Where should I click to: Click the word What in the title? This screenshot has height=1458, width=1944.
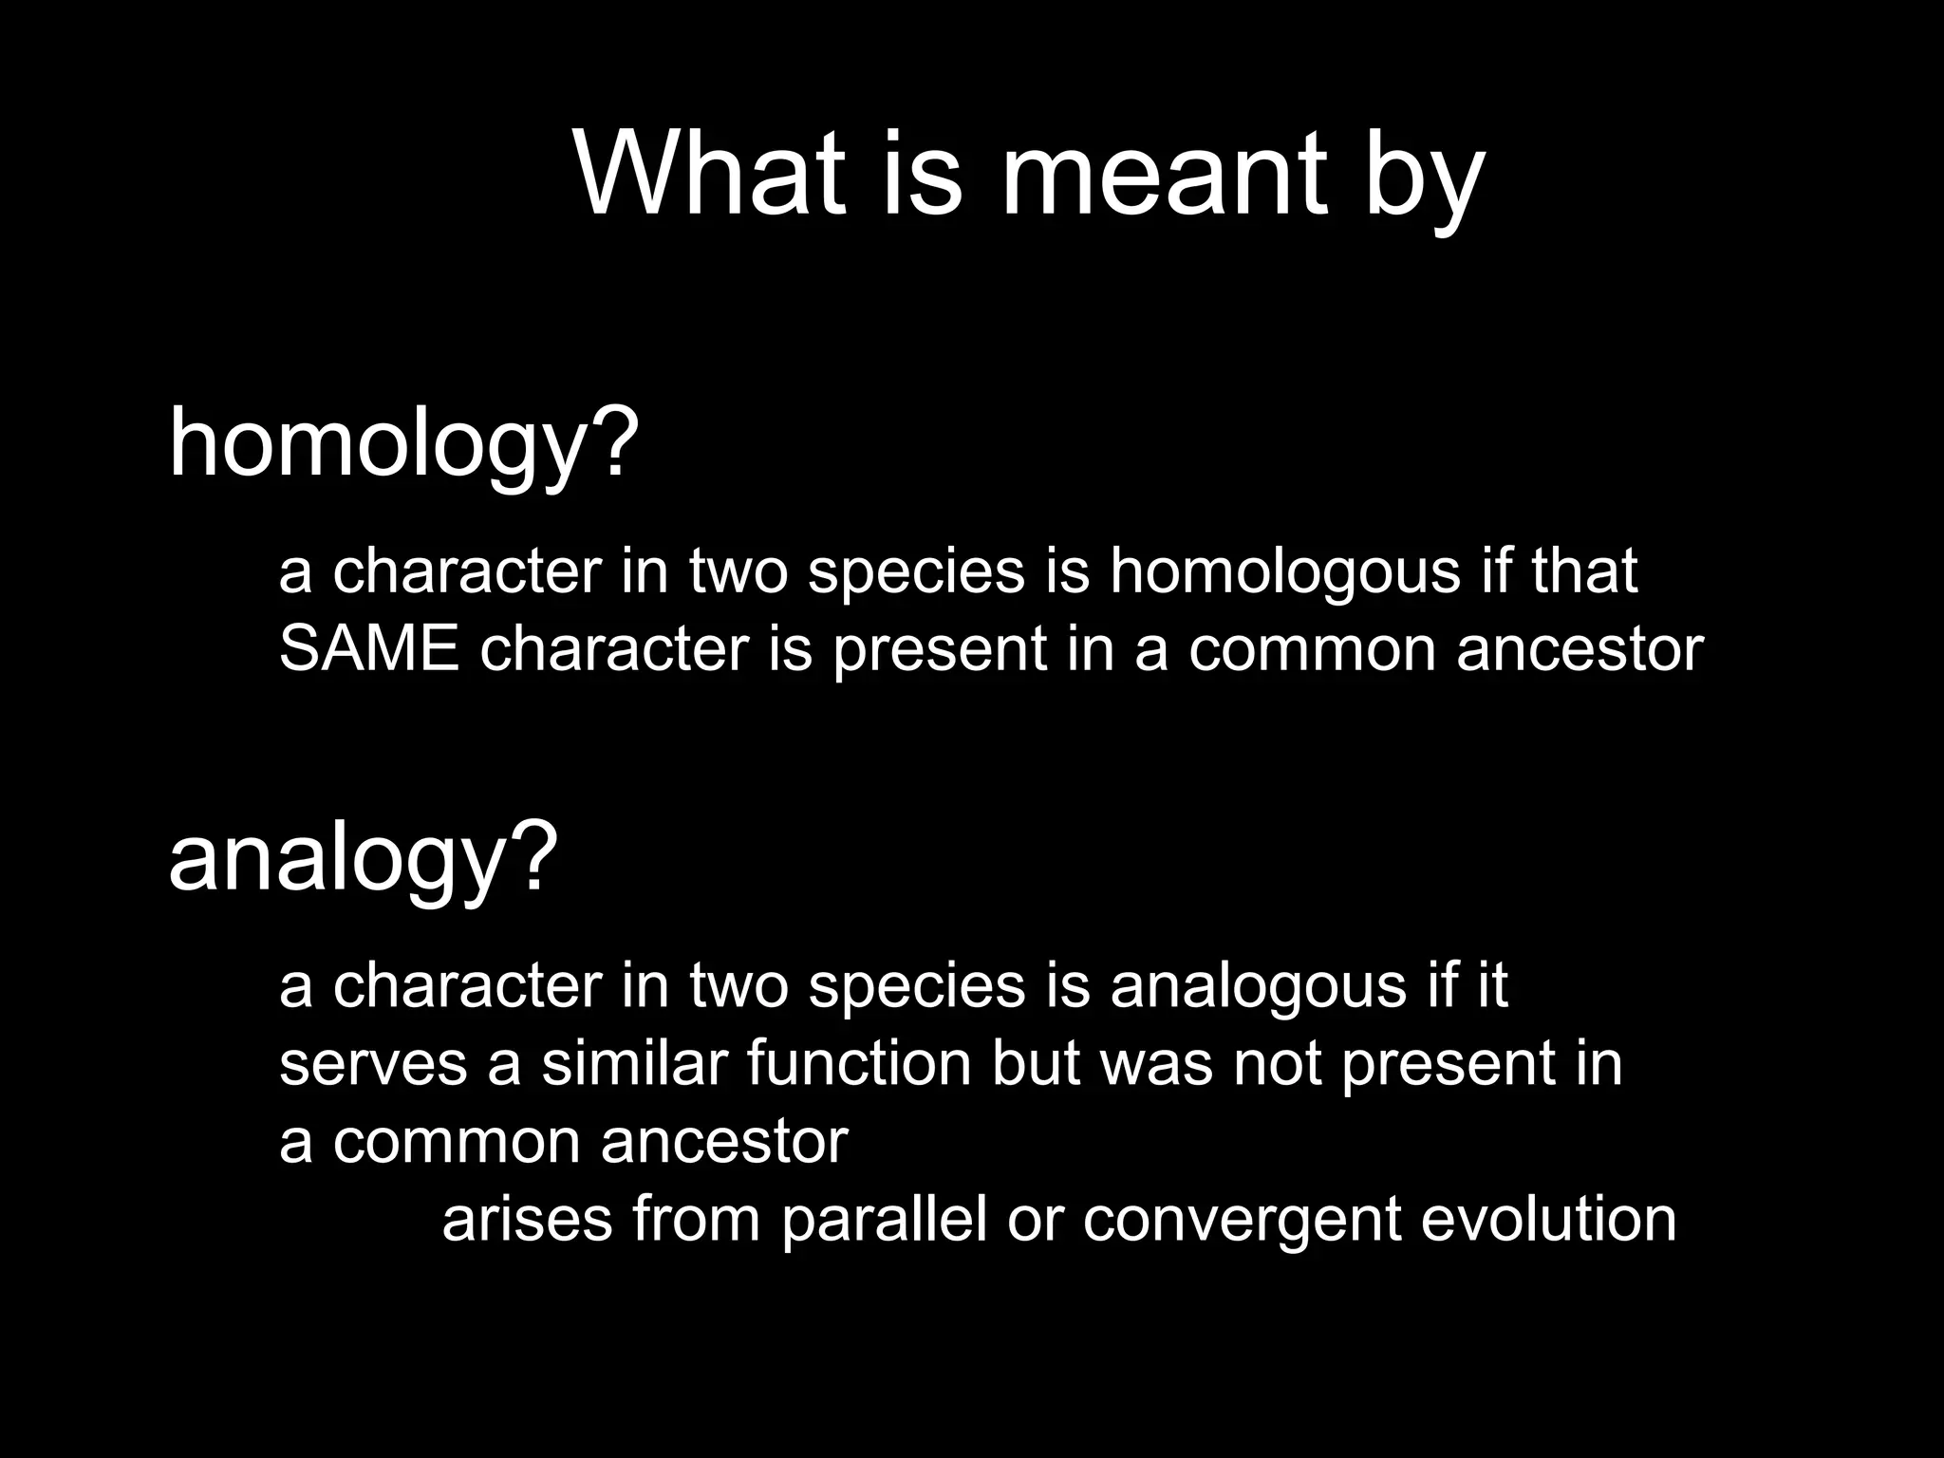(710, 176)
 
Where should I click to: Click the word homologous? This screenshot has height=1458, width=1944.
(1284, 572)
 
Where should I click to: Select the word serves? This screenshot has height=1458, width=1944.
(373, 1064)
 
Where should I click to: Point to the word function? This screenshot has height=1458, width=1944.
(859, 1064)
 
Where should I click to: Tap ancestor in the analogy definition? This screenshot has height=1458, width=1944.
(724, 1142)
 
